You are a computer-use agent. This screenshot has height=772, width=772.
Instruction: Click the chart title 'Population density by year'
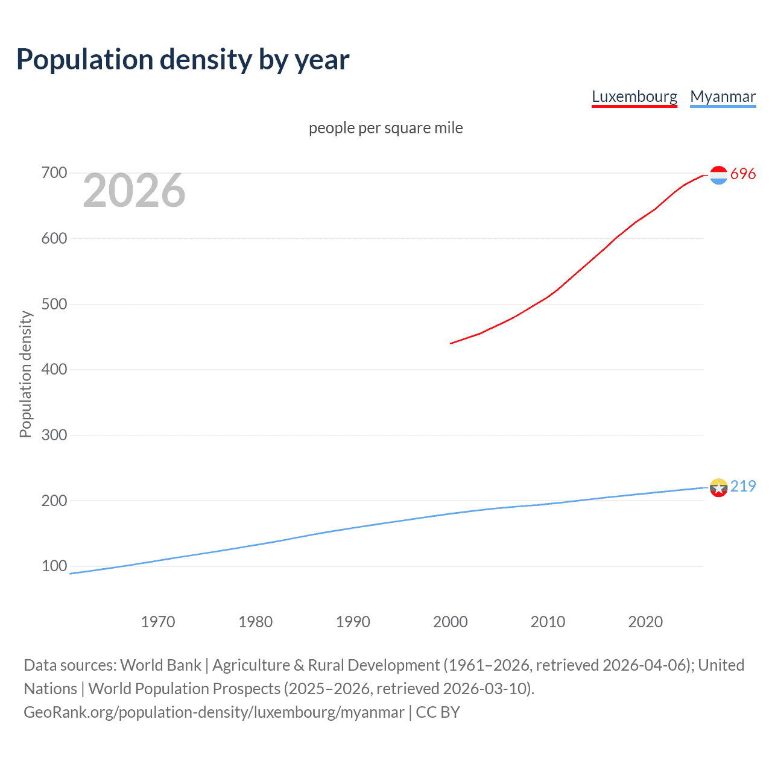pyautogui.click(x=183, y=60)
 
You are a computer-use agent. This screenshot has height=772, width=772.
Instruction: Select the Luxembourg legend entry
pyautogui.click(x=634, y=96)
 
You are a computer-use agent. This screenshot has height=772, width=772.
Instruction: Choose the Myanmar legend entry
pyautogui.click(x=723, y=96)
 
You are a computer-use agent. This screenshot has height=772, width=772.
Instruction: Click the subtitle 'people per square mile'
pyautogui.click(x=385, y=128)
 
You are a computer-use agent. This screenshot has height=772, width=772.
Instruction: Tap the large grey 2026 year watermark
pyautogui.click(x=134, y=191)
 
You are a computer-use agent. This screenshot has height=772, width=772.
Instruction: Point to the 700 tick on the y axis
pyautogui.click(x=54, y=173)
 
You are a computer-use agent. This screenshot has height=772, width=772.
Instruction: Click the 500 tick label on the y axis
pyautogui.click(x=54, y=304)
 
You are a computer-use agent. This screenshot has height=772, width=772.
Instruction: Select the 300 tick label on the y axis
pyautogui.click(x=54, y=435)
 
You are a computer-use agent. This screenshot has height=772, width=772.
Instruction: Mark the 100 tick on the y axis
pyautogui.click(x=54, y=566)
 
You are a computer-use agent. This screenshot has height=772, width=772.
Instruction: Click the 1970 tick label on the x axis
pyautogui.click(x=158, y=622)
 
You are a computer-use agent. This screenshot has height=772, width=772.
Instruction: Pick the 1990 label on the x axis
pyautogui.click(x=353, y=622)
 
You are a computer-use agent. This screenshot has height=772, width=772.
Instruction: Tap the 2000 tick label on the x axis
pyautogui.click(x=451, y=622)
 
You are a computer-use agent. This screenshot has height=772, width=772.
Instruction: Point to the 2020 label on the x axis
pyautogui.click(x=645, y=622)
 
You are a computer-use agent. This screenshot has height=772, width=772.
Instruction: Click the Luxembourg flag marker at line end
pyautogui.click(x=718, y=175)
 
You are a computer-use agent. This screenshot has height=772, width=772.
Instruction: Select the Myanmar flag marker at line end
pyautogui.click(x=718, y=487)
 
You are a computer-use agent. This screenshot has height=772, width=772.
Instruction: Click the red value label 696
pyautogui.click(x=743, y=174)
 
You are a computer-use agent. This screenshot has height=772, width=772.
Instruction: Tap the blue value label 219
pyautogui.click(x=743, y=486)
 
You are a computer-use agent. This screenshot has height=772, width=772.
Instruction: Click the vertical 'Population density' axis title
pyautogui.click(x=25, y=374)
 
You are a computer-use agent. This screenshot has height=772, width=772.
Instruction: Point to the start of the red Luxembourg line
pyautogui.click(x=451, y=343)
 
